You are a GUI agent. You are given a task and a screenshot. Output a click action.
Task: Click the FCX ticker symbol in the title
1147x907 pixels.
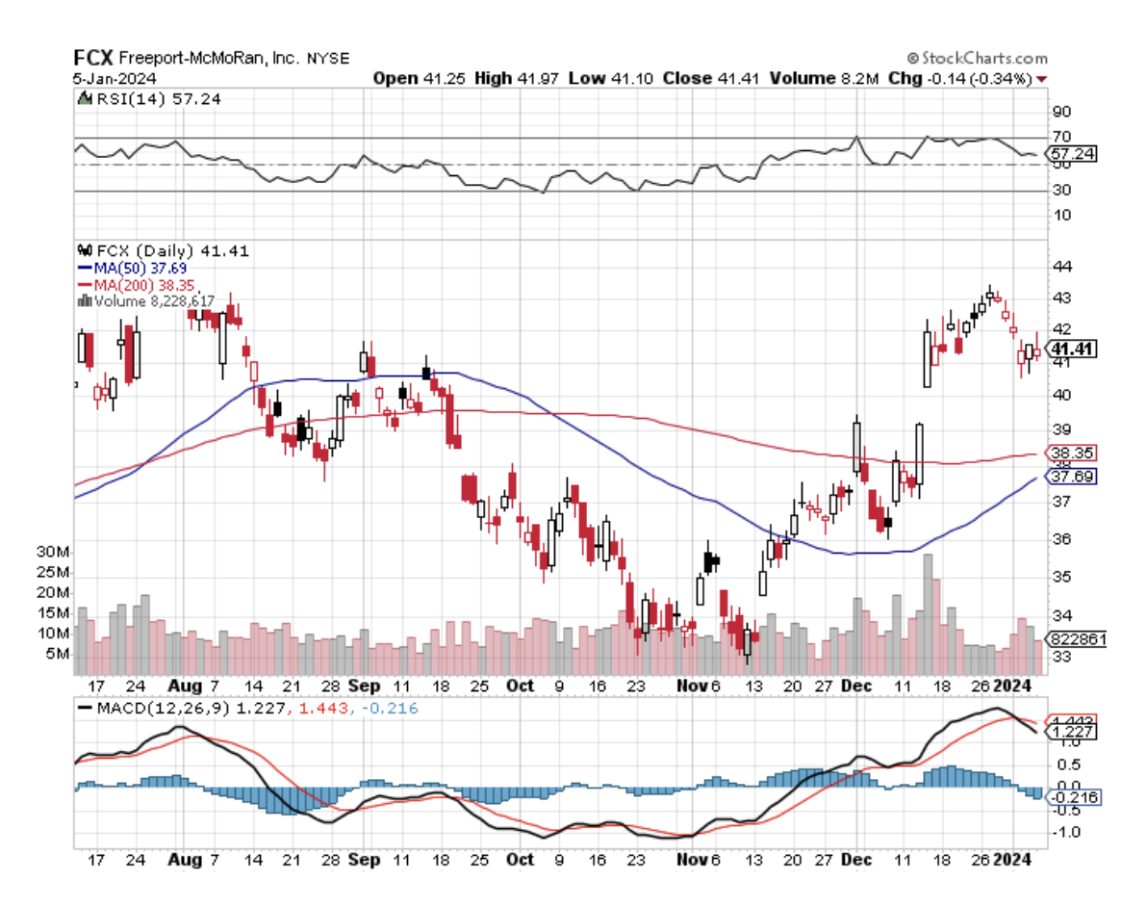tap(94, 58)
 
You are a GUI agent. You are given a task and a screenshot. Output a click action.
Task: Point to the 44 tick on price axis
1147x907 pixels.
tap(1063, 266)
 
